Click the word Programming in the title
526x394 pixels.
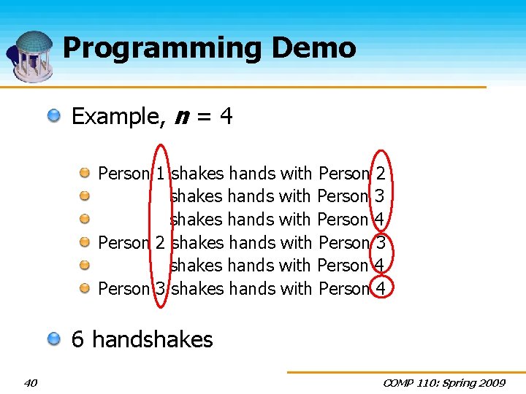162,49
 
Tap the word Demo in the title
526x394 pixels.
313,48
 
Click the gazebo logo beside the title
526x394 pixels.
31,55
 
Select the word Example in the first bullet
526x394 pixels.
118,116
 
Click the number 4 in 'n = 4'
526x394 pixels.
226,116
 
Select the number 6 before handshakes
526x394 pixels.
78,339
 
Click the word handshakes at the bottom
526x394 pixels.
153,339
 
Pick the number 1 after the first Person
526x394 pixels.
160,174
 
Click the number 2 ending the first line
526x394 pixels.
380,174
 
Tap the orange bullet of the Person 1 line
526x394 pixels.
85,173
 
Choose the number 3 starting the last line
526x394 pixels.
160,289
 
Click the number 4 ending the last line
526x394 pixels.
380,289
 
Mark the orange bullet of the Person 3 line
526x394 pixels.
85,288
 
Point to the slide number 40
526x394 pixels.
31,382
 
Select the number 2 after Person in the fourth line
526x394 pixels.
160,242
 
